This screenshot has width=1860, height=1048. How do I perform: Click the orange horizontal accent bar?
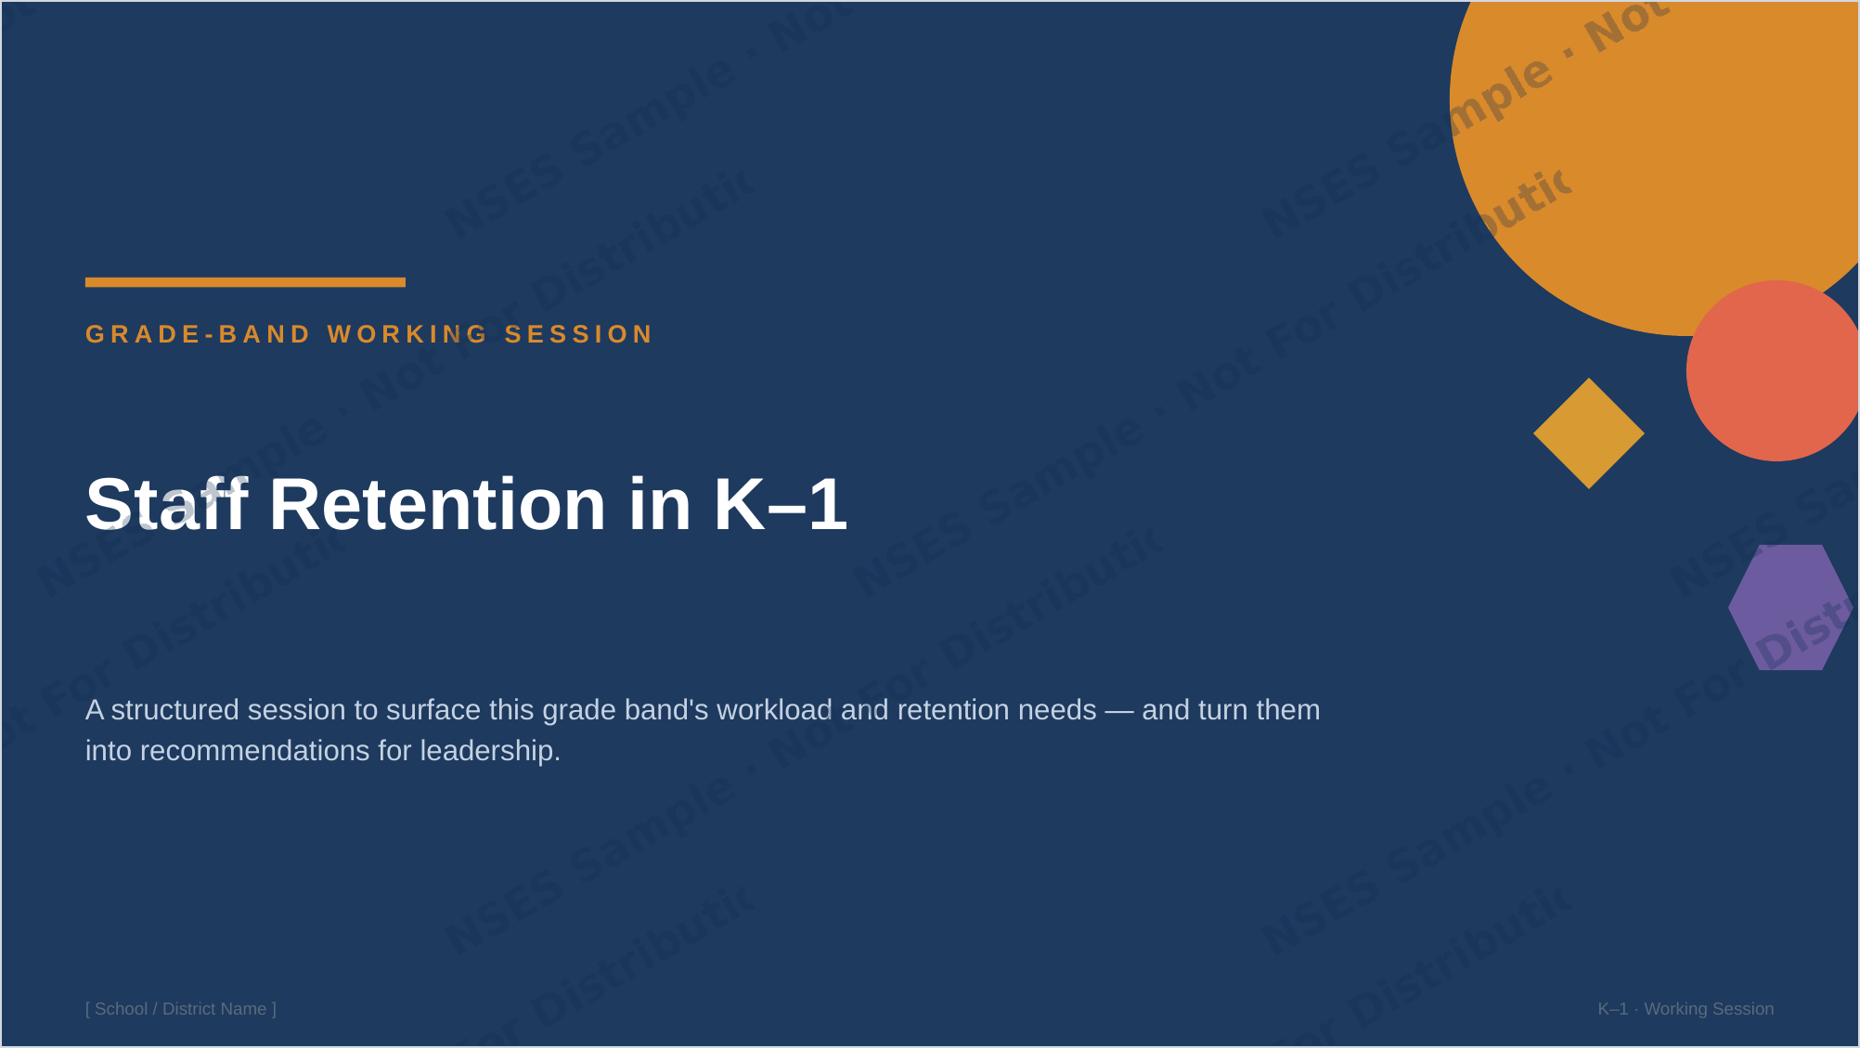tap(245, 282)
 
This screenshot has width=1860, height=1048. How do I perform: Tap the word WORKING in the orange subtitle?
tap(407, 334)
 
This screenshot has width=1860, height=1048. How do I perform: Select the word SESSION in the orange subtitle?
tap(579, 334)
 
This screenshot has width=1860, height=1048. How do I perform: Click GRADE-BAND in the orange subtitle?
tap(198, 334)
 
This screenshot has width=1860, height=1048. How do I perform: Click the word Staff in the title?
tap(167, 504)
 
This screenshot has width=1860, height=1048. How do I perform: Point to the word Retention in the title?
tap(437, 504)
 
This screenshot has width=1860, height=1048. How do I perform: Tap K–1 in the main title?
tap(781, 504)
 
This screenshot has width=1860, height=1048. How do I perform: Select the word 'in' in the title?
tap(660, 504)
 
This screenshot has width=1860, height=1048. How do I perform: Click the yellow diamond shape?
tap(1589, 433)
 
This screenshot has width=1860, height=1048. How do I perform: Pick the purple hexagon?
tap(1790, 607)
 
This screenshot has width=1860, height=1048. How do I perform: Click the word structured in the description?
tap(175, 710)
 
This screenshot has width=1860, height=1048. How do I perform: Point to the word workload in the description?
tap(774, 710)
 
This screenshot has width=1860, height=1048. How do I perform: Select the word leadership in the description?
tap(490, 751)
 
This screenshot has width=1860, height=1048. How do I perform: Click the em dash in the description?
tap(1119, 711)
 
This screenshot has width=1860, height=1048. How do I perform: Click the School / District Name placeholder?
tap(181, 1009)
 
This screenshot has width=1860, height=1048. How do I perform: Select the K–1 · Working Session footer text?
tap(1686, 1009)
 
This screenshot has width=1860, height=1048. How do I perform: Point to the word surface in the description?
tap(433, 710)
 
